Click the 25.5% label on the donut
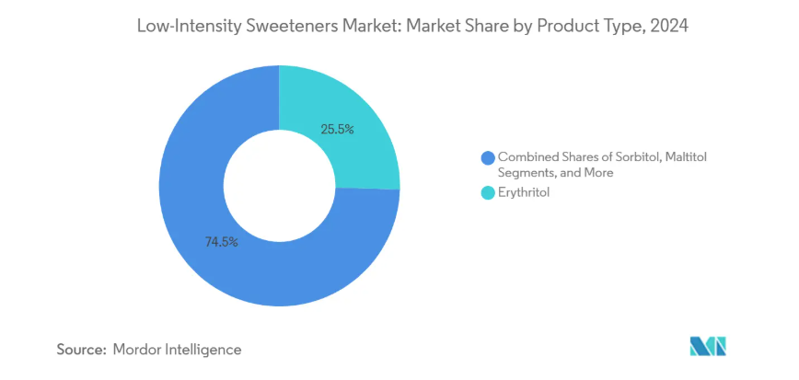click(x=337, y=130)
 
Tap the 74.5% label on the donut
click(x=222, y=242)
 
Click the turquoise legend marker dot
click(x=486, y=194)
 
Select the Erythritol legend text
click(x=523, y=194)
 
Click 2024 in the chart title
click(x=666, y=27)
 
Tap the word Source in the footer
click(x=80, y=350)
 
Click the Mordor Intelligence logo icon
click(x=708, y=348)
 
